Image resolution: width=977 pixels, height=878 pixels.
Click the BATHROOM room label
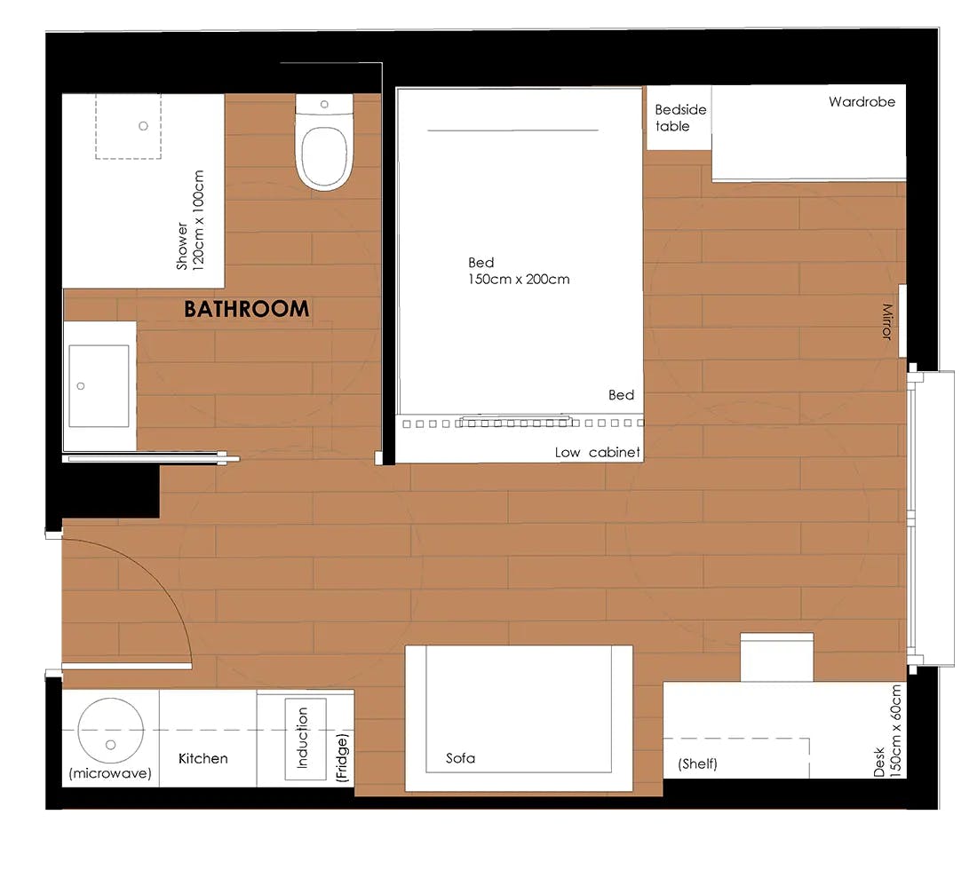point(246,309)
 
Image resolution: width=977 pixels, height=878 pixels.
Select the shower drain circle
point(143,126)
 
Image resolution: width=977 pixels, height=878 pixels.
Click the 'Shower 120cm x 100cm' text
point(190,220)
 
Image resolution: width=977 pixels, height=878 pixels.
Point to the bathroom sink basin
point(99,385)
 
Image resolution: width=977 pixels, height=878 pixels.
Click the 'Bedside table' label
point(679,117)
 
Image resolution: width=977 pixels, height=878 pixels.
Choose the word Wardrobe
point(862,102)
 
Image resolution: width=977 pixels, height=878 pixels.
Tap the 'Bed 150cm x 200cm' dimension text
point(519,271)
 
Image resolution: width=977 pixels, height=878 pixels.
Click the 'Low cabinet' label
point(597,453)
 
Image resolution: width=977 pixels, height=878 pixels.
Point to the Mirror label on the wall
point(886,321)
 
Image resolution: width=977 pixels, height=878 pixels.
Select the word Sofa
point(460,758)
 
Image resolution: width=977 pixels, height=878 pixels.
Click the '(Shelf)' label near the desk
point(697,763)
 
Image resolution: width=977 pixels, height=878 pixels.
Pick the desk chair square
point(776,657)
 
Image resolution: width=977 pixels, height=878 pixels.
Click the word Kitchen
point(203,758)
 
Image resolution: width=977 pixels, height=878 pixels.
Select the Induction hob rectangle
point(305,739)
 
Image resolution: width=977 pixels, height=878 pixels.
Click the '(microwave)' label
point(110,774)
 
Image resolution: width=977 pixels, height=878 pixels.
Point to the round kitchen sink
point(110,730)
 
